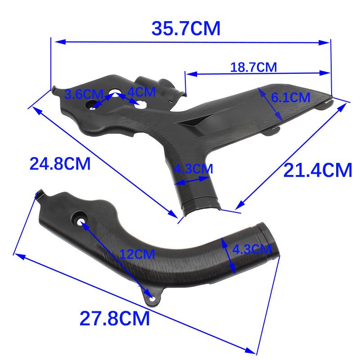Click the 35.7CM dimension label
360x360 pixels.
point(186,28)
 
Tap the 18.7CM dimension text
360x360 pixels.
point(253,67)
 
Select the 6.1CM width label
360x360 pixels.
point(291,97)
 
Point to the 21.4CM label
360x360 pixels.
point(318,170)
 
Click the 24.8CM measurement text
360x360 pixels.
point(60,164)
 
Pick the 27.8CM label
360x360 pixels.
point(115,318)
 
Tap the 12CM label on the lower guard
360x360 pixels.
point(137,254)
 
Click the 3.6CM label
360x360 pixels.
point(84,94)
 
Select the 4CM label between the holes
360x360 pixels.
point(142,92)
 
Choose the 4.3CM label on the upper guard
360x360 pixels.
point(193,169)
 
